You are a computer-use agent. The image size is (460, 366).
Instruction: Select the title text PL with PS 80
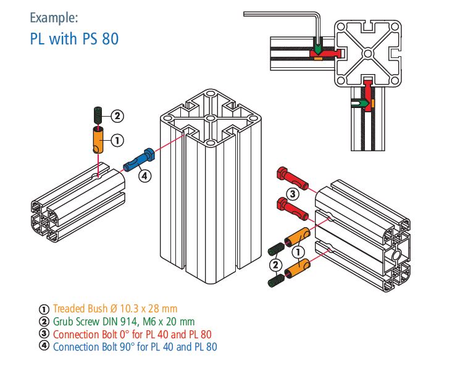tap(74, 38)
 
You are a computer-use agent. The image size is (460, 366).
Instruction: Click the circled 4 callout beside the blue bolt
tap(144, 176)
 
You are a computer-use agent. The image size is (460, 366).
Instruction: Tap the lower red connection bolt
tap(294, 209)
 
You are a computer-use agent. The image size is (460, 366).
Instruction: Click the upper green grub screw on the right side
tap(277, 249)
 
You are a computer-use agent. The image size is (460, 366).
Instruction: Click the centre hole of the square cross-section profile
tap(367, 54)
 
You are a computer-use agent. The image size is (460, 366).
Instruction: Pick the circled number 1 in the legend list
tap(43, 309)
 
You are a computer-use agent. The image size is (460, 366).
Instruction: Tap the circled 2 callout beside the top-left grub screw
tap(117, 115)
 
